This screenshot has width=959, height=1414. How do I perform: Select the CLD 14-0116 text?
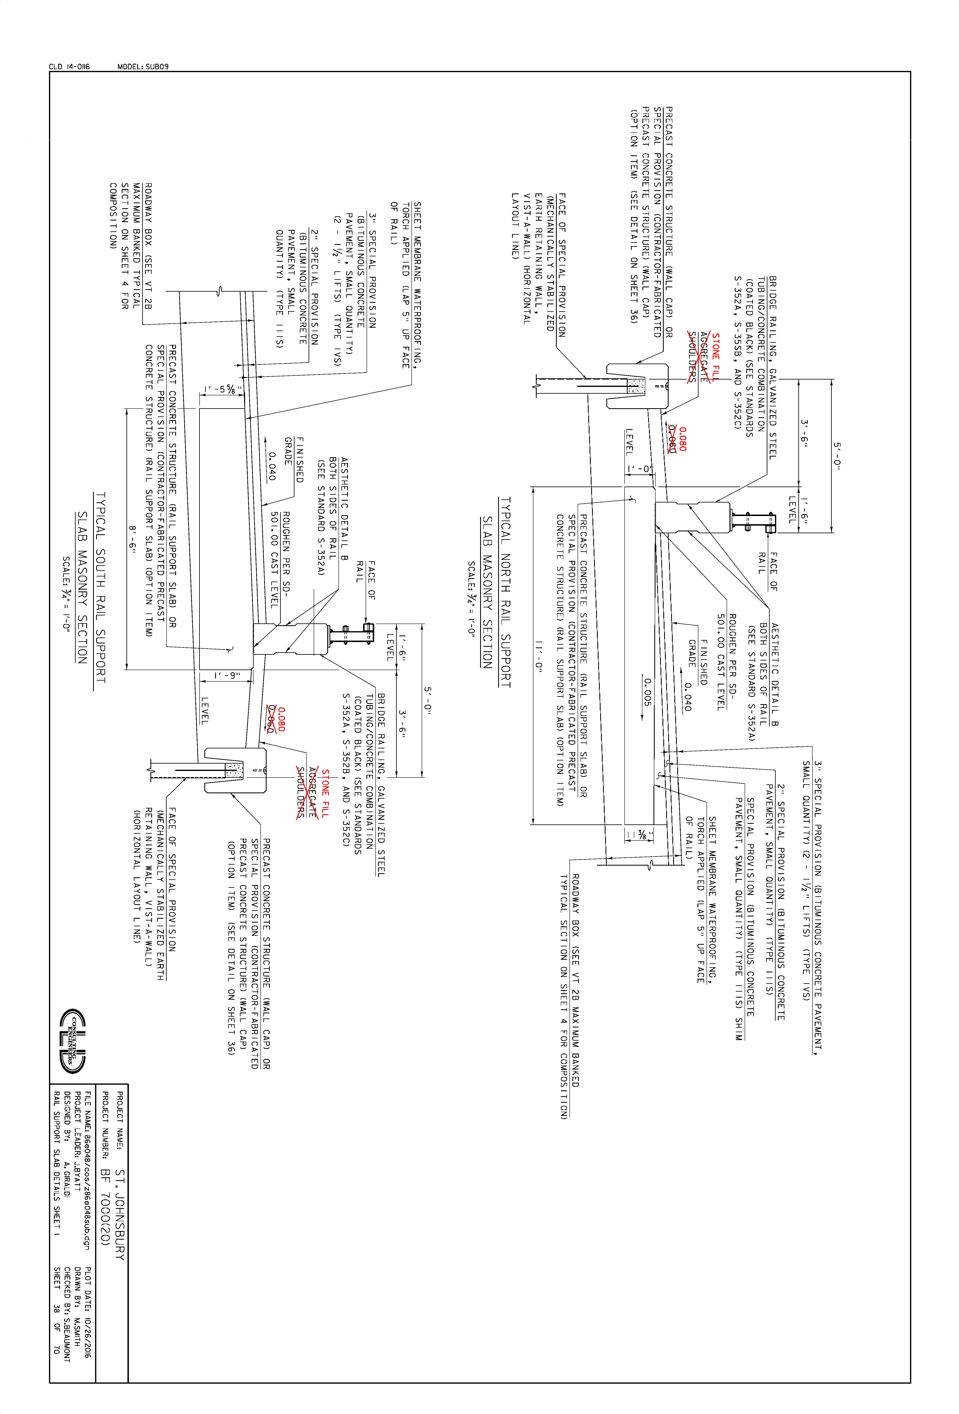pyautogui.click(x=69, y=66)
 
